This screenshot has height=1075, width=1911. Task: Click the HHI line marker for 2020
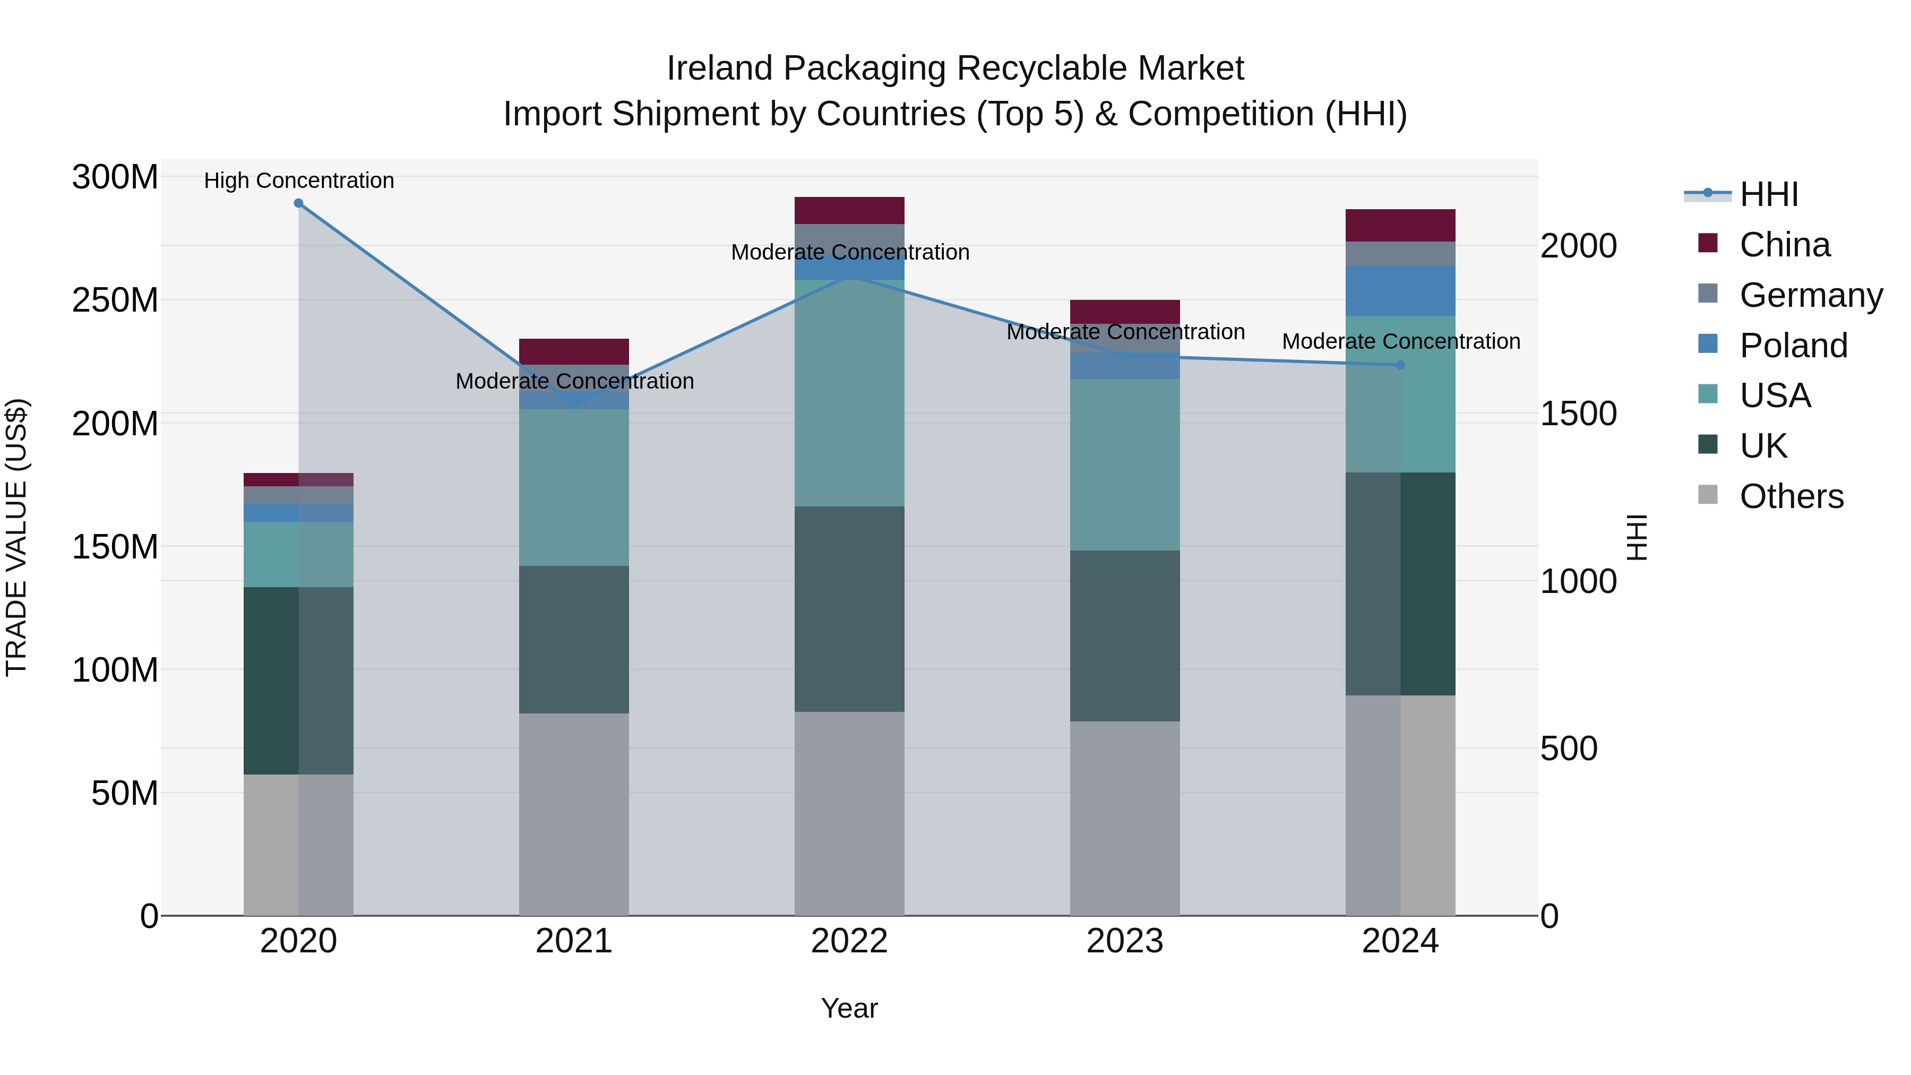click(298, 203)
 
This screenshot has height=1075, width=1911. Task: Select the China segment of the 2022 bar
click(849, 210)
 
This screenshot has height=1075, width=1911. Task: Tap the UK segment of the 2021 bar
click(573, 640)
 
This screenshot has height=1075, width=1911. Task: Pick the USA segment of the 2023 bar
click(1125, 465)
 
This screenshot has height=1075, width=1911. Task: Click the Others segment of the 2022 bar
click(849, 813)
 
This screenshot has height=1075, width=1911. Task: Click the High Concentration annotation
click(299, 180)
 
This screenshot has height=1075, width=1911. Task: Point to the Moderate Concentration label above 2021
click(575, 381)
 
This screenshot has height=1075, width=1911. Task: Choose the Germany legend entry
click(1811, 295)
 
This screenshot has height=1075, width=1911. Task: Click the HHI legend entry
click(1769, 194)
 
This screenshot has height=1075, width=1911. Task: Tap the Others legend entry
click(1792, 496)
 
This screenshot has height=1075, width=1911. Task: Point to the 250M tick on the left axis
click(115, 300)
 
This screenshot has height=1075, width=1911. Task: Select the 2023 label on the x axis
click(1125, 941)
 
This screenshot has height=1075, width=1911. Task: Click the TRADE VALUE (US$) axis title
click(17, 537)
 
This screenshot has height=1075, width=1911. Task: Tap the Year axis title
click(849, 1008)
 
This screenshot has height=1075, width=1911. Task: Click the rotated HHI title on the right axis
click(1637, 537)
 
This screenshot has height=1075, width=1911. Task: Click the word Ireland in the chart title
click(719, 68)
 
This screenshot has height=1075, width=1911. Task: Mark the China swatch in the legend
click(1708, 243)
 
